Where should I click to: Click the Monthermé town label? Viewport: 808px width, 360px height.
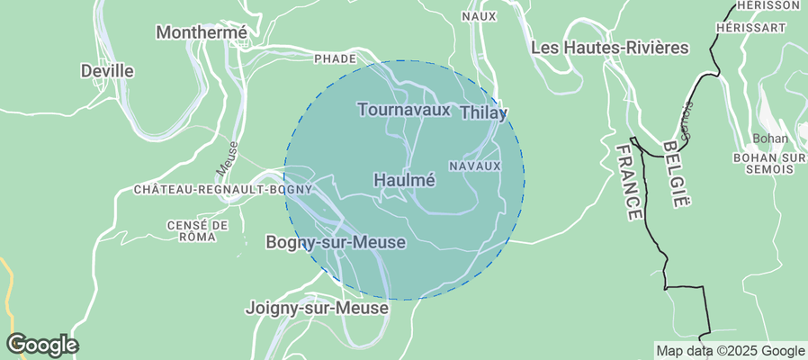point(202,32)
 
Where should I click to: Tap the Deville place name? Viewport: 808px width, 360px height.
point(107,70)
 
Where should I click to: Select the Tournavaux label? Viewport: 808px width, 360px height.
point(403,110)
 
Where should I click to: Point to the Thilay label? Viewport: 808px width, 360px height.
point(484,113)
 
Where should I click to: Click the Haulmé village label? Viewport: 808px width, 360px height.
point(404,180)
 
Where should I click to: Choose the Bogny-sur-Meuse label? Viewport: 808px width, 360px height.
point(336,243)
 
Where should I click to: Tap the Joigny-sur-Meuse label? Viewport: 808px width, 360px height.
point(317,308)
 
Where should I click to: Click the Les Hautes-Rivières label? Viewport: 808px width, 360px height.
point(610,47)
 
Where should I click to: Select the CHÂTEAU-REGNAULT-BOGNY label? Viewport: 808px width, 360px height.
point(222,190)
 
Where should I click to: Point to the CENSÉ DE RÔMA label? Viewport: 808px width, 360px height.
point(198,230)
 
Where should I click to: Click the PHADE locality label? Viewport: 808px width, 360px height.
point(335,58)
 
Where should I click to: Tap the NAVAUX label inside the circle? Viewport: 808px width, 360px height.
point(473,166)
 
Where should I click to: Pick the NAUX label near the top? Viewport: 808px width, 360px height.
point(479,16)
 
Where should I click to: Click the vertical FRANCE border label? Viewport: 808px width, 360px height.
point(630,181)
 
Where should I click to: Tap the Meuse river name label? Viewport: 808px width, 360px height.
point(227,157)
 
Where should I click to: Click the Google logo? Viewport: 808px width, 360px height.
point(41,344)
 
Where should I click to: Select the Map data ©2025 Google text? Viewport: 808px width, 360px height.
point(730,351)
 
